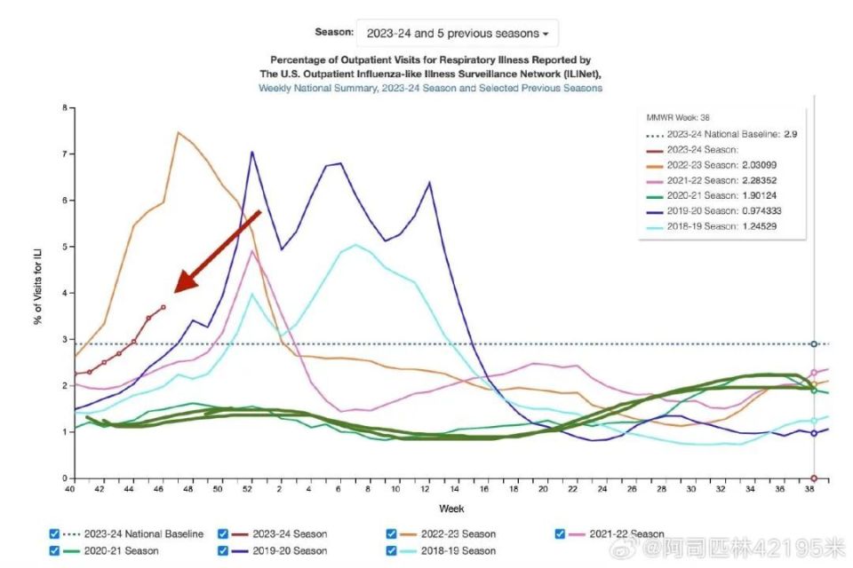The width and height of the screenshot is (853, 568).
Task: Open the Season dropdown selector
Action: point(457,33)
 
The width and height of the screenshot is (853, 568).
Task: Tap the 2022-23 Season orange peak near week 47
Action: point(178,132)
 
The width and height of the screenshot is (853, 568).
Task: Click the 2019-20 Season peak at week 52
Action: point(251,152)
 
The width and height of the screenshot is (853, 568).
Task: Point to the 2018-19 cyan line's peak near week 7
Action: point(355,245)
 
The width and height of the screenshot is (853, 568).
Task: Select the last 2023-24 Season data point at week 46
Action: point(163,307)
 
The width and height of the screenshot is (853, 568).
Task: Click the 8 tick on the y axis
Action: point(65,107)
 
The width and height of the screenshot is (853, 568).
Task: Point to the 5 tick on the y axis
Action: point(65,247)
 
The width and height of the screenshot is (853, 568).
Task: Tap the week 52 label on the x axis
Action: point(247,489)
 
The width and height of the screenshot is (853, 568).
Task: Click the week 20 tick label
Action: point(543,489)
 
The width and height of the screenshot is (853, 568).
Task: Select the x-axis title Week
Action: point(451,509)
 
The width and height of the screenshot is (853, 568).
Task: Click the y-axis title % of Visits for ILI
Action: point(38,287)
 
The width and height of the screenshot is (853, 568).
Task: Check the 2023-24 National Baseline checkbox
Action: point(54,533)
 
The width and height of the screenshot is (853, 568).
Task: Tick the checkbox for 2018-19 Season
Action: point(391,550)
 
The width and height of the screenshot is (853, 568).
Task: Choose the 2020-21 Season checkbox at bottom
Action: point(54,550)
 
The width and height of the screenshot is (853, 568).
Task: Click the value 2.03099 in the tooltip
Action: point(760,165)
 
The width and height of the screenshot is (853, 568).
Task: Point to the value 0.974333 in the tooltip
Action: point(761,211)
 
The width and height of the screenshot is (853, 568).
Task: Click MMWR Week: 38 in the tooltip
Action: point(678,117)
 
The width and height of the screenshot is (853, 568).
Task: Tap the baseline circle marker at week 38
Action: point(814,344)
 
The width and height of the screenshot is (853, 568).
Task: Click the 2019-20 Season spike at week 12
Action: point(430,183)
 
